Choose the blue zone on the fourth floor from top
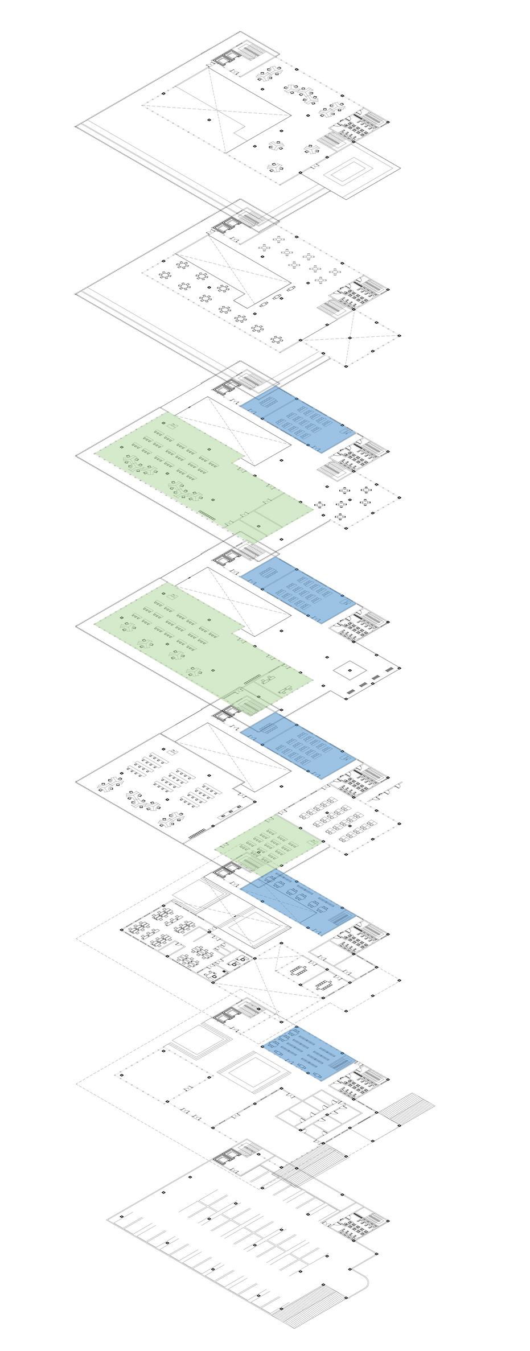click(298, 592)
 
